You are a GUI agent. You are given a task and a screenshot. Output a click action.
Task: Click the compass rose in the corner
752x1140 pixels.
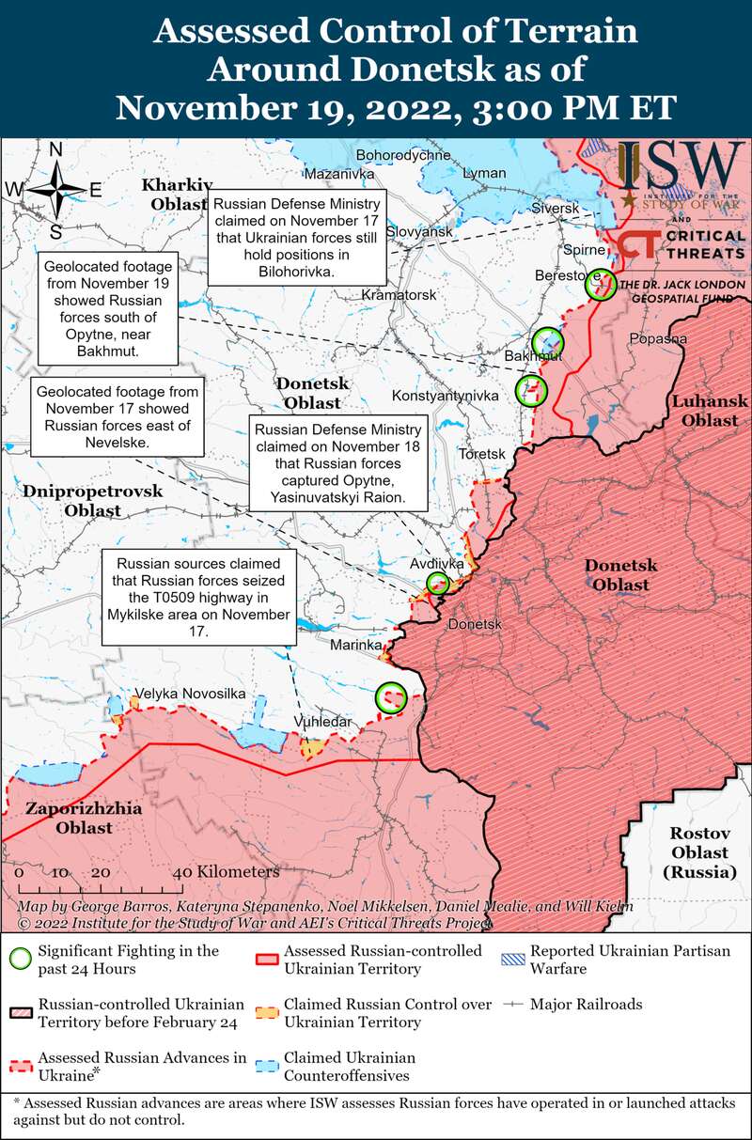pos(56,191)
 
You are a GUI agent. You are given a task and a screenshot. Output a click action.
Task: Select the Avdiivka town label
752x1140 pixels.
pos(437,564)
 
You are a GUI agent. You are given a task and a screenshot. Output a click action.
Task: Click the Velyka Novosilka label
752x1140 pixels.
pos(190,694)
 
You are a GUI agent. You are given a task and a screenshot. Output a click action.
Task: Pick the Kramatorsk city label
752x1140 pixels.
pos(399,295)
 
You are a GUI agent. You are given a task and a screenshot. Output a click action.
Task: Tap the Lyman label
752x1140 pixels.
pos(486,174)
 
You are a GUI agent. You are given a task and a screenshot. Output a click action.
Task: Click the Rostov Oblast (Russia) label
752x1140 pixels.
pos(699,852)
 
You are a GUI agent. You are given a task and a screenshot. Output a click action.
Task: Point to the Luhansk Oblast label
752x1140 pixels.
pos(710,411)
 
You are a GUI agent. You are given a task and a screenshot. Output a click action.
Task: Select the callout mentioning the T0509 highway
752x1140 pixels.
pos(198,598)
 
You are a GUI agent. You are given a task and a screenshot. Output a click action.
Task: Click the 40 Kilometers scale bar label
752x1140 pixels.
pos(229,872)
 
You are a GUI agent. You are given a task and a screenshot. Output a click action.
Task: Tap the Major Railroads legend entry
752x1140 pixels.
pos(586,1005)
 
